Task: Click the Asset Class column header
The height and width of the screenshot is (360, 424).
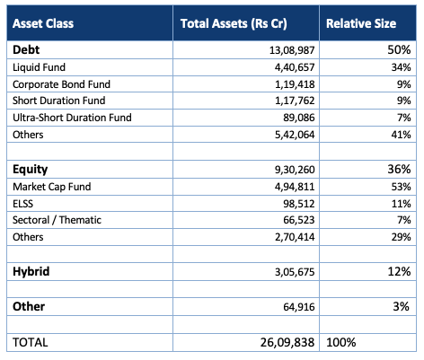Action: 43,23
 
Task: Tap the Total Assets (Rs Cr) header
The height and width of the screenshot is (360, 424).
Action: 234,23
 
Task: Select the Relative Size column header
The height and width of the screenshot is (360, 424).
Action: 361,23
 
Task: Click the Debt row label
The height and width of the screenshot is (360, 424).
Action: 26,49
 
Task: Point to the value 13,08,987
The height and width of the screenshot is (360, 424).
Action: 292,50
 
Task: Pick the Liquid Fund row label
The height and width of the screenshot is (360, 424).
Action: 39,67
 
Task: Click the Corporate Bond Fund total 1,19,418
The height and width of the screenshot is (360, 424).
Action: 295,84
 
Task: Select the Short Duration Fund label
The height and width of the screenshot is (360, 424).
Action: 59,101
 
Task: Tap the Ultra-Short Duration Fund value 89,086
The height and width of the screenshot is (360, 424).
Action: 299,118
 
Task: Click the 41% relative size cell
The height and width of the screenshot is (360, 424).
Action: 401,135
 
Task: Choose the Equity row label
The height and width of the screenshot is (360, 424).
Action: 31,170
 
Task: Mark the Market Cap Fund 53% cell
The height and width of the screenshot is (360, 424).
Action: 401,187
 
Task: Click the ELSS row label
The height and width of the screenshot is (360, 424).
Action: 22,204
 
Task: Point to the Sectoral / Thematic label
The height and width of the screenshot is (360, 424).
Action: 57,220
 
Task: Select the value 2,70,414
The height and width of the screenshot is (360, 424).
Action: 295,237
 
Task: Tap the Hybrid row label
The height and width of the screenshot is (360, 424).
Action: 31,271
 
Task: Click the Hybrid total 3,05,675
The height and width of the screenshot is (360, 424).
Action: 295,272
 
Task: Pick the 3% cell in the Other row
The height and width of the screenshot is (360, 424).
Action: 402,306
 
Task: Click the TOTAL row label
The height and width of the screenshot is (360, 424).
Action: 31,342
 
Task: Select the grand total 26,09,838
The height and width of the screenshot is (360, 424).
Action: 287,342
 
